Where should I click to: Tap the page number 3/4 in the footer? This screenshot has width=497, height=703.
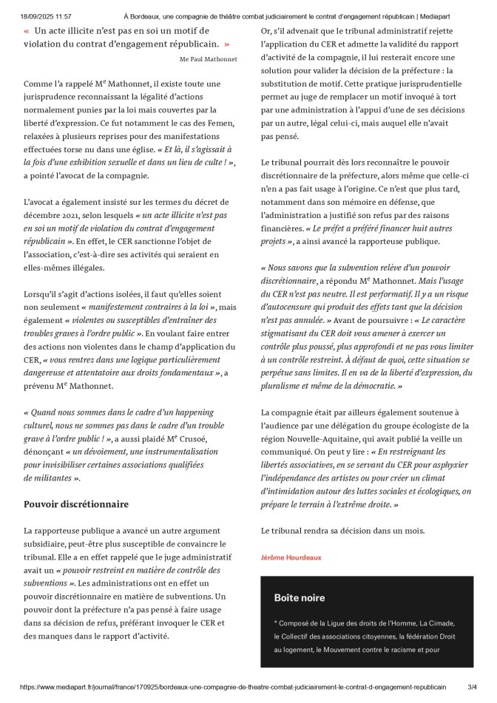(471, 686)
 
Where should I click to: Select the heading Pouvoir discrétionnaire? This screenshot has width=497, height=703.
(76, 504)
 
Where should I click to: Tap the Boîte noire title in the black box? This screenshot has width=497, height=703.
(299, 597)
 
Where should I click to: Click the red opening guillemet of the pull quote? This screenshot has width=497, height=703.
(27, 32)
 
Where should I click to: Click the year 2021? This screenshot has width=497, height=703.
(75, 214)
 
